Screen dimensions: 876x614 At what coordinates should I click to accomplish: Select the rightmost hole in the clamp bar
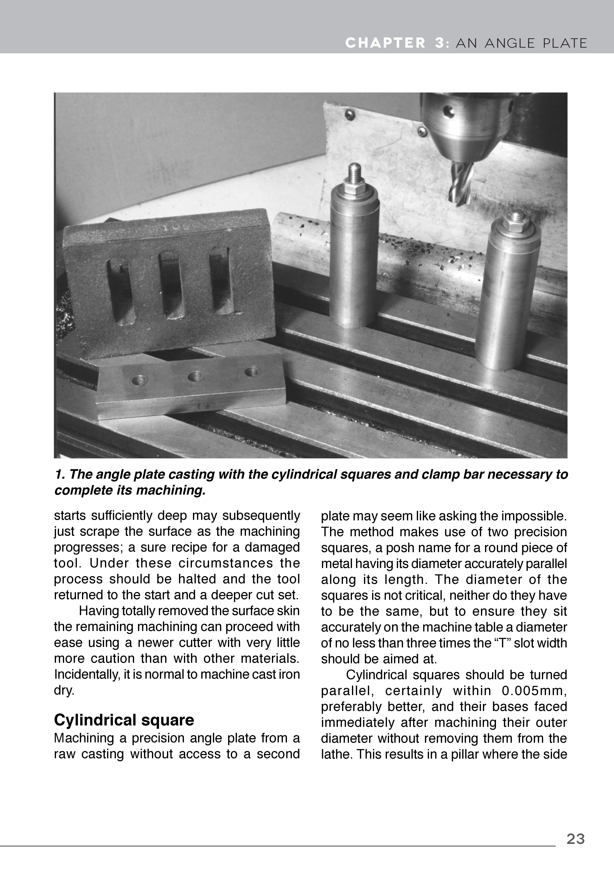click(252, 371)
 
